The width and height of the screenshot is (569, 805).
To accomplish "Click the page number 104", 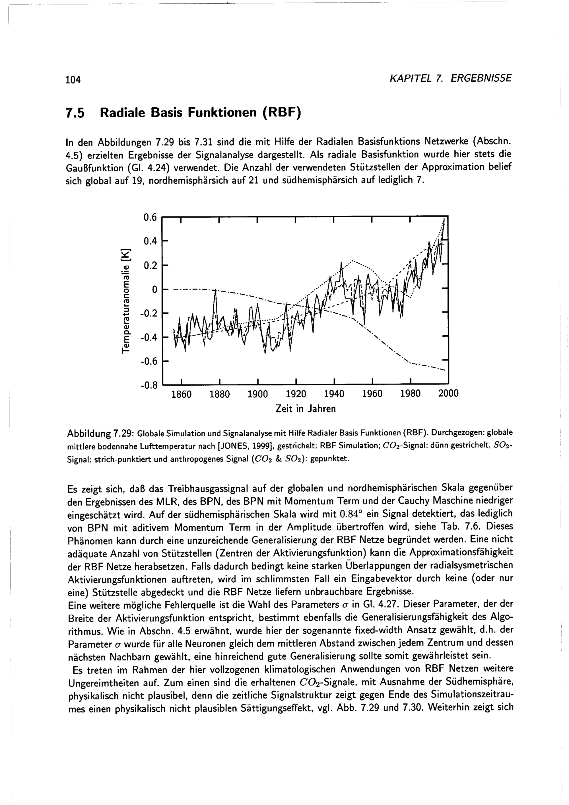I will [x=73, y=80].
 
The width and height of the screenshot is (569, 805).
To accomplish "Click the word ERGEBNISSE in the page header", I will [x=481, y=78].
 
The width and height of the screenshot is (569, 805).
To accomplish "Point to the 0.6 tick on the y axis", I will [x=150, y=218].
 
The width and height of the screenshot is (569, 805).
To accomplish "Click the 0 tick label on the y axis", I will [x=153, y=289].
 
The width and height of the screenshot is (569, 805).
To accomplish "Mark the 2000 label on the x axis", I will [x=448, y=394].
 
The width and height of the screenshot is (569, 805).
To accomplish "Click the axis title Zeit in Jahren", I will [x=306, y=409].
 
